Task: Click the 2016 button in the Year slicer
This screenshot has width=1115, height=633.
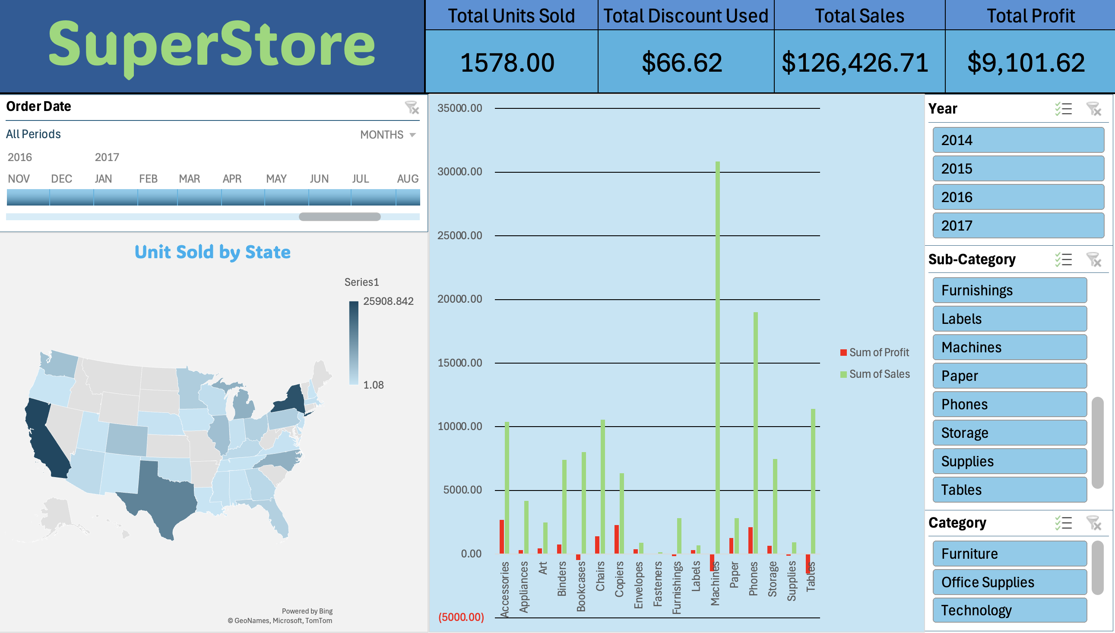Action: (1018, 197)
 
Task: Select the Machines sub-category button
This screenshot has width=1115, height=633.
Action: (1010, 347)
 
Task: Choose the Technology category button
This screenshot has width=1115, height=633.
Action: (1010, 611)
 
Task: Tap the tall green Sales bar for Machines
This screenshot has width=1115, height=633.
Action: (718, 358)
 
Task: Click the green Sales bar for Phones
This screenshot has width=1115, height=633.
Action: (756, 433)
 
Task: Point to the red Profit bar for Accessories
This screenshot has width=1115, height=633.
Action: (502, 536)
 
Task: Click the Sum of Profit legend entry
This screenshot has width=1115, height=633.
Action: (874, 352)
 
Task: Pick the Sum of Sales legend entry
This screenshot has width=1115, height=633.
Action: (875, 374)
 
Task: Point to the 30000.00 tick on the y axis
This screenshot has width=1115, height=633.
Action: (460, 172)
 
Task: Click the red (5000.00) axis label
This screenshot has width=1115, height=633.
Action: (461, 617)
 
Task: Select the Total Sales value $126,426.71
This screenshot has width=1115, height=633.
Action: (855, 63)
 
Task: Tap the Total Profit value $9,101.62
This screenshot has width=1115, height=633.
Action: (1026, 63)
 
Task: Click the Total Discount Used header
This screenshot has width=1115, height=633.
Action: (686, 16)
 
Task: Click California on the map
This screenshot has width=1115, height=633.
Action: (46, 439)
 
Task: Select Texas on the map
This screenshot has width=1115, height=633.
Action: (163, 496)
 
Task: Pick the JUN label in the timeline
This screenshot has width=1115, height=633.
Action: (319, 179)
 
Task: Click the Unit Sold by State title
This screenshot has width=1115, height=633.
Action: (212, 252)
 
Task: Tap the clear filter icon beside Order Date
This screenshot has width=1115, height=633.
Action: (412, 108)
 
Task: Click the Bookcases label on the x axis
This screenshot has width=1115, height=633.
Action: (581, 586)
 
